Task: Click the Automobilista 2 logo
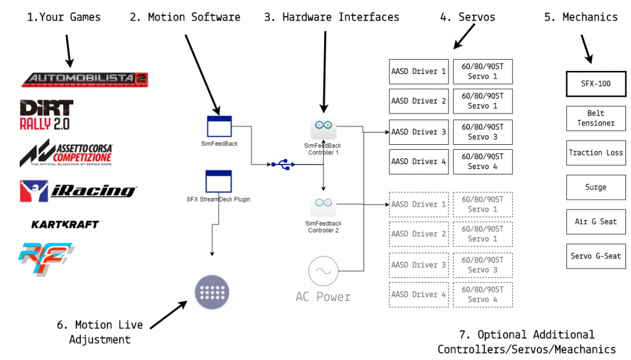pos(84,79)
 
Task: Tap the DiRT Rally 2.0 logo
pos(46,115)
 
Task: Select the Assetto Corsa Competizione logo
pos(66,153)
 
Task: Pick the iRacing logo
pos(77,190)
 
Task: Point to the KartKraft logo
pos(65,224)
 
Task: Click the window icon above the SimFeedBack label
pos(218,126)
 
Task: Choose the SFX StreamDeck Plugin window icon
pos(218,181)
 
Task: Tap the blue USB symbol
pos(282,165)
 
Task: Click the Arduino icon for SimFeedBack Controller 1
pos(323,127)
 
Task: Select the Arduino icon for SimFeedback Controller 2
pos(323,203)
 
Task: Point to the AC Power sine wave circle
pos(323,271)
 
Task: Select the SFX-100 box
pos(596,84)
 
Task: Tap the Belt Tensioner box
pos(596,118)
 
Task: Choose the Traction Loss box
pos(596,153)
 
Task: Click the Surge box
pos(596,187)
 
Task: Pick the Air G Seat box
pos(596,222)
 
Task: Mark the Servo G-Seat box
pos(596,256)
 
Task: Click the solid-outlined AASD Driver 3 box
pos(419,132)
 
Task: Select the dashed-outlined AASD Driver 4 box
pos(419,295)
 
